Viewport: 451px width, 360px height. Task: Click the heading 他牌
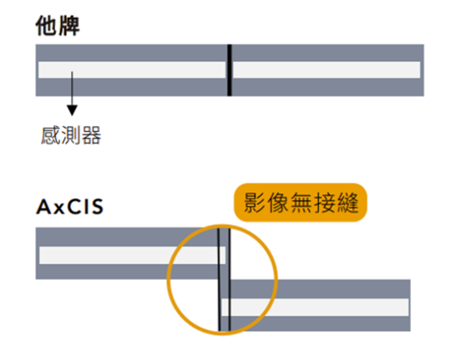point(58,26)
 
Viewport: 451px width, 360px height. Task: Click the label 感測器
point(71,135)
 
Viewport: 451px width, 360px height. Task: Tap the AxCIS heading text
point(69,206)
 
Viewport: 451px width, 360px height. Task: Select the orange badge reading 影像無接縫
point(301,202)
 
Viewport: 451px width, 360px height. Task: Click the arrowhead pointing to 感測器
point(72,110)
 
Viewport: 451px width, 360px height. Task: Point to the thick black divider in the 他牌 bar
point(229,70)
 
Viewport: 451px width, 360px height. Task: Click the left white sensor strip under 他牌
point(132,69)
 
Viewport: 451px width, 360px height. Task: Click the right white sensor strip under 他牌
point(327,69)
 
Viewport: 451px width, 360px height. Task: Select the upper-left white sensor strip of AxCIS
point(132,256)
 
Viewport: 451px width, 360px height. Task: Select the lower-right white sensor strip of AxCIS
point(315,307)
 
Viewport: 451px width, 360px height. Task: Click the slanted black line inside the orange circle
point(219,280)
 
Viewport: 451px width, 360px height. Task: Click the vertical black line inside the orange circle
point(230,280)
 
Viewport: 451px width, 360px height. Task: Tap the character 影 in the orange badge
point(254,202)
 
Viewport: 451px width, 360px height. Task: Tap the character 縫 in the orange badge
point(348,202)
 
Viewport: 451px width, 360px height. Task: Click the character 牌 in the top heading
point(68,26)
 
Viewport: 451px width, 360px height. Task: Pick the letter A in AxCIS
point(44,206)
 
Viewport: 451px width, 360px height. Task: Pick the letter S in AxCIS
point(97,206)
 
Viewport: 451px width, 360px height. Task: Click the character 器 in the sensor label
point(92,135)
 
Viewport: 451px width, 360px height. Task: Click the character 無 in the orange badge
point(302,202)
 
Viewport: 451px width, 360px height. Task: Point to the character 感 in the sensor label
point(50,135)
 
